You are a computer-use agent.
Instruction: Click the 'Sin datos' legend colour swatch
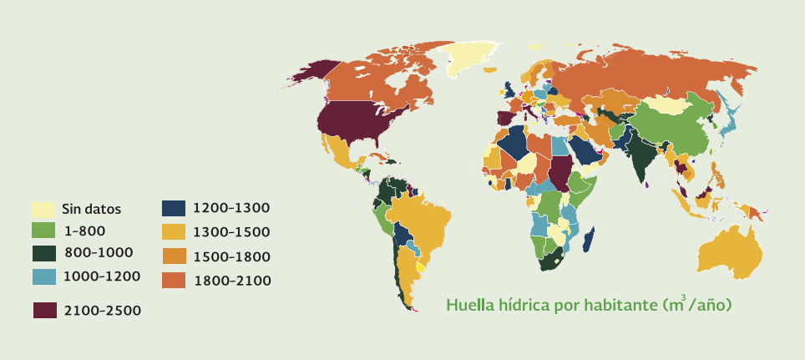click(43, 209)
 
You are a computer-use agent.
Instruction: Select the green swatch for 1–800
click(43, 230)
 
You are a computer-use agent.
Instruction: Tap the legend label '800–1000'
click(98, 251)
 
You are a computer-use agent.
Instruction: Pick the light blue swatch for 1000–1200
click(43, 275)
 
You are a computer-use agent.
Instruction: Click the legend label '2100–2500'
click(102, 311)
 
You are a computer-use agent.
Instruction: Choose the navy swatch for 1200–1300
click(174, 209)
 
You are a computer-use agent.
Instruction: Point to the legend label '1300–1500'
click(231, 231)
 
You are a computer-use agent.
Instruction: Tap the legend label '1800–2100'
click(231, 280)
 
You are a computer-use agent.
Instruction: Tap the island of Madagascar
click(588, 238)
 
